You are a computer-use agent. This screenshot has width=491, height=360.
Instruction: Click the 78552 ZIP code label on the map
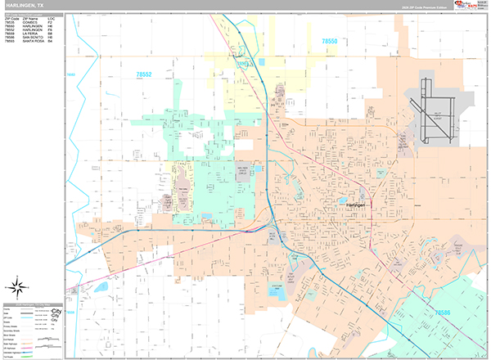(x=143, y=74)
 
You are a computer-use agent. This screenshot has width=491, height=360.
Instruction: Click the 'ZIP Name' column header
(x=31, y=18)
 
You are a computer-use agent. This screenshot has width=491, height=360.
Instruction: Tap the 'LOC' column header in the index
(x=52, y=18)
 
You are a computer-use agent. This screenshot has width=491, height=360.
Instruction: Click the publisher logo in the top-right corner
(x=471, y=6)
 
